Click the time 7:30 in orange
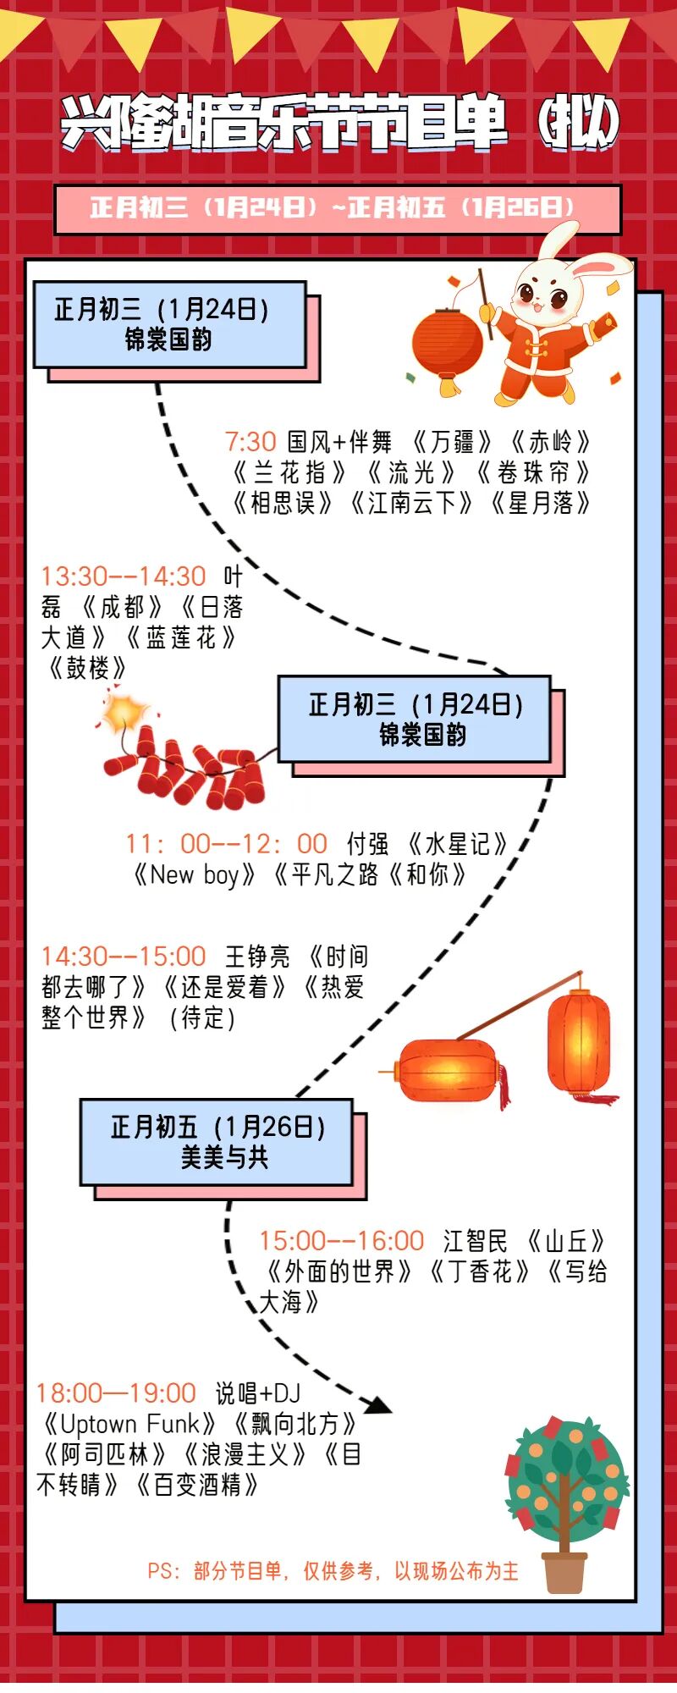pyautogui.click(x=250, y=442)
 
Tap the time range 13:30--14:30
pyautogui.click(x=124, y=576)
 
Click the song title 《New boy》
pyautogui.click(x=194, y=874)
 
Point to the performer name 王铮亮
pyautogui.click(x=257, y=957)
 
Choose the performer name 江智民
pyautogui.click(x=475, y=1241)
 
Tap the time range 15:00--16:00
pyautogui.click(x=341, y=1241)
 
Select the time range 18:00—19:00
pyautogui.click(x=116, y=1393)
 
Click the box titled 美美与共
pyautogui.click(x=217, y=1142)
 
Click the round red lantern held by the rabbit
pyautogui.click(x=447, y=344)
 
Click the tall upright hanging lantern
pyautogui.click(x=579, y=1041)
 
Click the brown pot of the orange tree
pyautogui.click(x=564, y=1571)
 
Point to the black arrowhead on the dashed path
pyautogui.click(x=377, y=1405)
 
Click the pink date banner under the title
pyautogui.click(x=338, y=208)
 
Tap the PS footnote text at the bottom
pyautogui.click(x=333, y=1571)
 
